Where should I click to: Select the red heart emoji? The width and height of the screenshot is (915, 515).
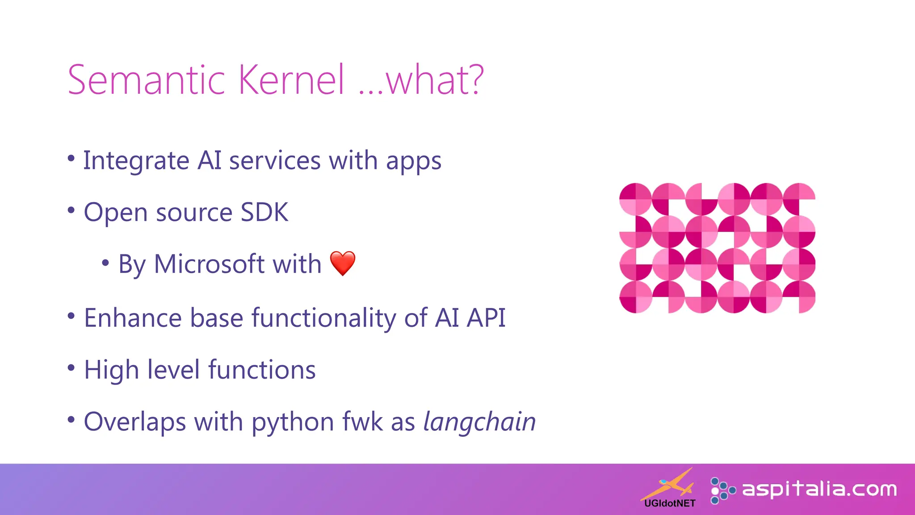(343, 263)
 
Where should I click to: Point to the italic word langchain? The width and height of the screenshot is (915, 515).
(479, 422)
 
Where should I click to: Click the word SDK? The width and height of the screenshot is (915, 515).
(264, 212)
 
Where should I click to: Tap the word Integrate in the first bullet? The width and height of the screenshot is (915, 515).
(136, 160)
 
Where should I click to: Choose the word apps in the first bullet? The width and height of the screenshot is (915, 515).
(413, 161)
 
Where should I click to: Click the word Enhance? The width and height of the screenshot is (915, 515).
(132, 318)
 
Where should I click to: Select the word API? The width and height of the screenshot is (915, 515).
(486, 318)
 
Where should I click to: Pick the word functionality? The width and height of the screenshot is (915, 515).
(323, 318)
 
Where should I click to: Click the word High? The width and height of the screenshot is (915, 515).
(112, 370)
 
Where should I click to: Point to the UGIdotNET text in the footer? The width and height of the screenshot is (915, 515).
(670, 503)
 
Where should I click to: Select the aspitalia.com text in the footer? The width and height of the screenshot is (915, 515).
(819, 489)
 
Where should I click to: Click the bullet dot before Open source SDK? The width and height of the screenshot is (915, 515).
(71, 210)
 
